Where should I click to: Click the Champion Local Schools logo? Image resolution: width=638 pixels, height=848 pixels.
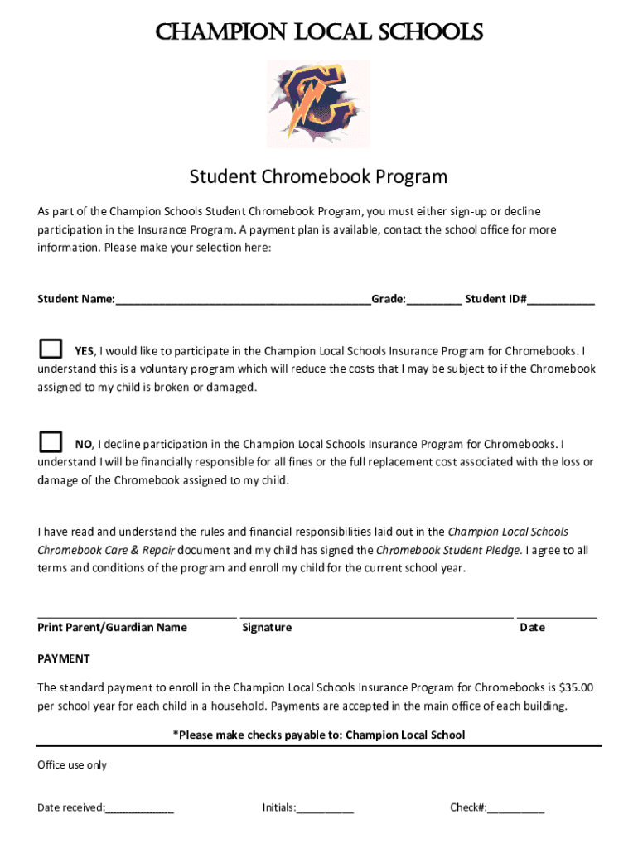[317, 103]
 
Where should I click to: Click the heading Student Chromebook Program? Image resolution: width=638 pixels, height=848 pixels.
[318, 176]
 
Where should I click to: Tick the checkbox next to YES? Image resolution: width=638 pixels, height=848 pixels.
[51, 349]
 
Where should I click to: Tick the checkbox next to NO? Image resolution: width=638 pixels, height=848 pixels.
[51, 441]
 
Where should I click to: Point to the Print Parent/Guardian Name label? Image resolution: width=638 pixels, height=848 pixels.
[112, 628]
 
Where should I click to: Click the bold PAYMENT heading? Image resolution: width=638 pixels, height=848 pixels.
[64, 659]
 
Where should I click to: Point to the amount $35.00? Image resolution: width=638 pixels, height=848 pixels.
[576, 687]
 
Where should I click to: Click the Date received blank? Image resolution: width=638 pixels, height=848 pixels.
[139, 809]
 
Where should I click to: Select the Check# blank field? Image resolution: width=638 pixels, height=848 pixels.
[516, 809]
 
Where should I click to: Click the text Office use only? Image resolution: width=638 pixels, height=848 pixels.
[72, 765]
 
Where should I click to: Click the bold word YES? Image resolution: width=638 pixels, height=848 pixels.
[85, 351]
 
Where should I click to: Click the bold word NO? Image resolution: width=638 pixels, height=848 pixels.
[84, 445]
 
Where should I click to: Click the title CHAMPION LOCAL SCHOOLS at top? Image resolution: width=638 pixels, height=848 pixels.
[318, 32]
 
